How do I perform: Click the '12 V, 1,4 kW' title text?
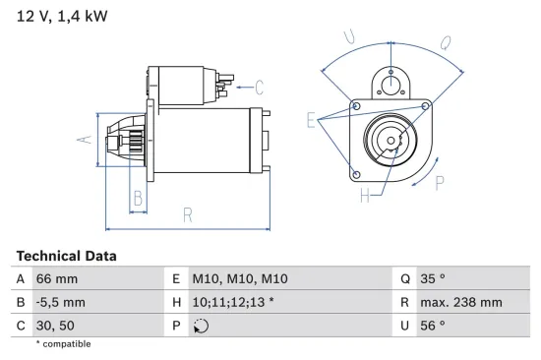click(61, 17)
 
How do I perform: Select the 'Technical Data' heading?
click(66, 256)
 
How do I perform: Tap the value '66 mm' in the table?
click(56, 279)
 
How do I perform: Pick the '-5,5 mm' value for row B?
click(60, 302)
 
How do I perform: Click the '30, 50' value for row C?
click(54, 325)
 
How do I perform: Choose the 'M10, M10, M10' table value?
click(240, 279)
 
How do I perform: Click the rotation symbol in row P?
click(202, 326)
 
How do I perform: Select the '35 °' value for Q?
click(432, 279)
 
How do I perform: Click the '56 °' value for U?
click(432, 325)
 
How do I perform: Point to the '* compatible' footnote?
click(63, 344)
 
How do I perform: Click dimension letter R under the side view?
click(187, 214)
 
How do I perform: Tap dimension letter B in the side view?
click(139, 200)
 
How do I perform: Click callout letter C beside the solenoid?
click(260, 86)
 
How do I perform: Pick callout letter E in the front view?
click(312, 121)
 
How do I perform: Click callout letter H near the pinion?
click(364, 195)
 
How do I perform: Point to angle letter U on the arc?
click(349, 37)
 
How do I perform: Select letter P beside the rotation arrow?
click(440, 181)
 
